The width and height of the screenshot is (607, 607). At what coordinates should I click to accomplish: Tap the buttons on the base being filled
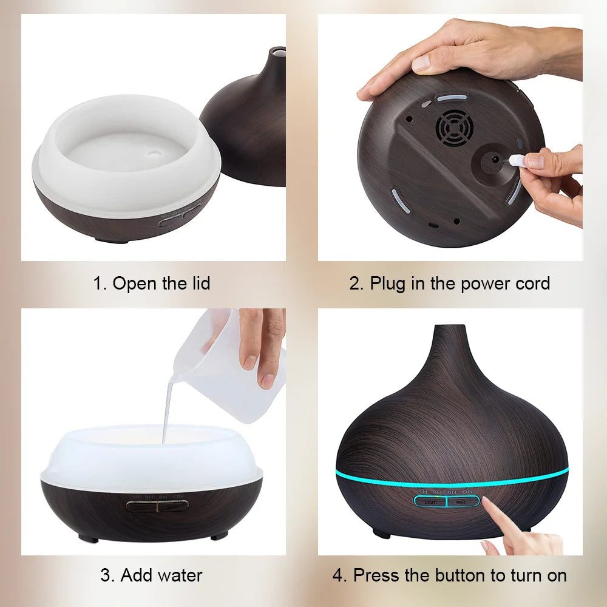(x=157, y=505)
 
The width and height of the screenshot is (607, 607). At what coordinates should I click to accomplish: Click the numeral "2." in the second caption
(x=356, y=283)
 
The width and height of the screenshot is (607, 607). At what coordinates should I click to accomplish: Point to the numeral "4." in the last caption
(x=339, y=575)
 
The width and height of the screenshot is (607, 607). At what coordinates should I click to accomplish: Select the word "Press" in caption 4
(x=379, y=575)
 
